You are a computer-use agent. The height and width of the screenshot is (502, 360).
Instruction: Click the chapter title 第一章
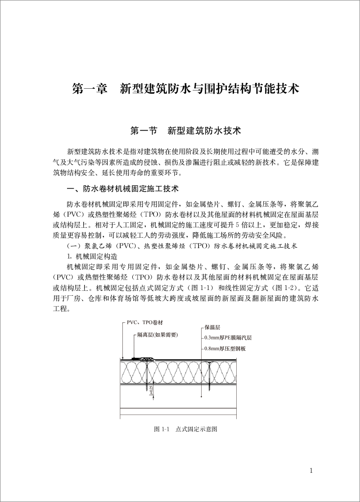click(x=90, y=88)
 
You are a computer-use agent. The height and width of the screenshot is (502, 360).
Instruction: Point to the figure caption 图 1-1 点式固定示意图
click(x=186, y=429)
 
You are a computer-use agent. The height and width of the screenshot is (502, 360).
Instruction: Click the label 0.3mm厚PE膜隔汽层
click(x=228, y=338)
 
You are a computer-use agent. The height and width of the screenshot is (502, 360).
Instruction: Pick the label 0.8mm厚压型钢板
click(x=225, y=348)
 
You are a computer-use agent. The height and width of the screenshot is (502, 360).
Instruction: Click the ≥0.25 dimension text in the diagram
click(x=151, y=390)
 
